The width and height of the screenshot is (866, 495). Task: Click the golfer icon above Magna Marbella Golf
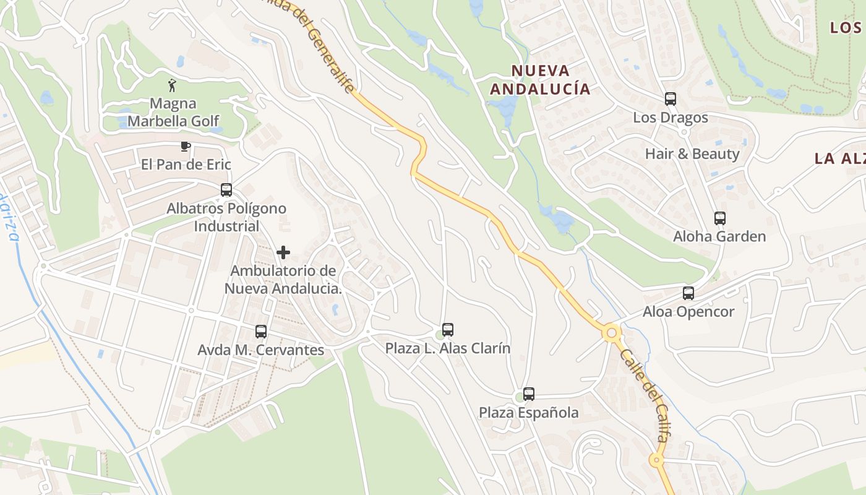173,85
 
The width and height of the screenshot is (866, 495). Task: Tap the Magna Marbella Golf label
173,112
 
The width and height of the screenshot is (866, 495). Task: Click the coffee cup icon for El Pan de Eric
185,146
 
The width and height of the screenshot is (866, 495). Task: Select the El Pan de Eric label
186,164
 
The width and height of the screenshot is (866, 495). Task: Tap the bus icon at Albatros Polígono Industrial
226,190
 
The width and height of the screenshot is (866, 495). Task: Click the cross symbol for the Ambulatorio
283,252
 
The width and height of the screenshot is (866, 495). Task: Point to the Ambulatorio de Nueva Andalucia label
283,280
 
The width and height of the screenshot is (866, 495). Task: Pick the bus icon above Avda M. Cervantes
261,332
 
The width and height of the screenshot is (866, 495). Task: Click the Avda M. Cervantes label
260,350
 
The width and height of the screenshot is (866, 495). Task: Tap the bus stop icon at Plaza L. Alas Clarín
448,330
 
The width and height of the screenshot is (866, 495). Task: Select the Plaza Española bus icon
529,394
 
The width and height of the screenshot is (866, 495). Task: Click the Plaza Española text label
529,413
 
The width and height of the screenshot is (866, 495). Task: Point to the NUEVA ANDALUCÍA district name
540,80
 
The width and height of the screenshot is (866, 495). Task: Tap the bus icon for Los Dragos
671,99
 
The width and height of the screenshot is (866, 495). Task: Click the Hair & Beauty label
692,153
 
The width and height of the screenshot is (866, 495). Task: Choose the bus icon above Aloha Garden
720,218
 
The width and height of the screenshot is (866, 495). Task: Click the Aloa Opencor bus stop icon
688,293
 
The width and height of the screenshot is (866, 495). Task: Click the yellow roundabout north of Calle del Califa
612,333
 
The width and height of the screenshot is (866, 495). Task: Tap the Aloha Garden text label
719,236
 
